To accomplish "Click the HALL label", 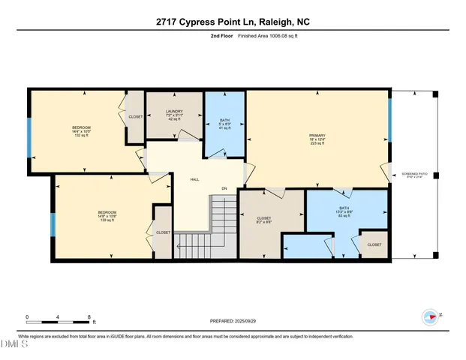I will point(194,179).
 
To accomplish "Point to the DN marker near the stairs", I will point(223,188).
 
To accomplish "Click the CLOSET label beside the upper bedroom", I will point(136,117).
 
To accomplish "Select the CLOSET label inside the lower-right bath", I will point(374,244).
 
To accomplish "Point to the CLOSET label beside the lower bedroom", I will point(163,233).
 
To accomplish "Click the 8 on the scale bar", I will point(90,317).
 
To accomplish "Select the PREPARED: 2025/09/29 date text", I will point(232,320).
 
